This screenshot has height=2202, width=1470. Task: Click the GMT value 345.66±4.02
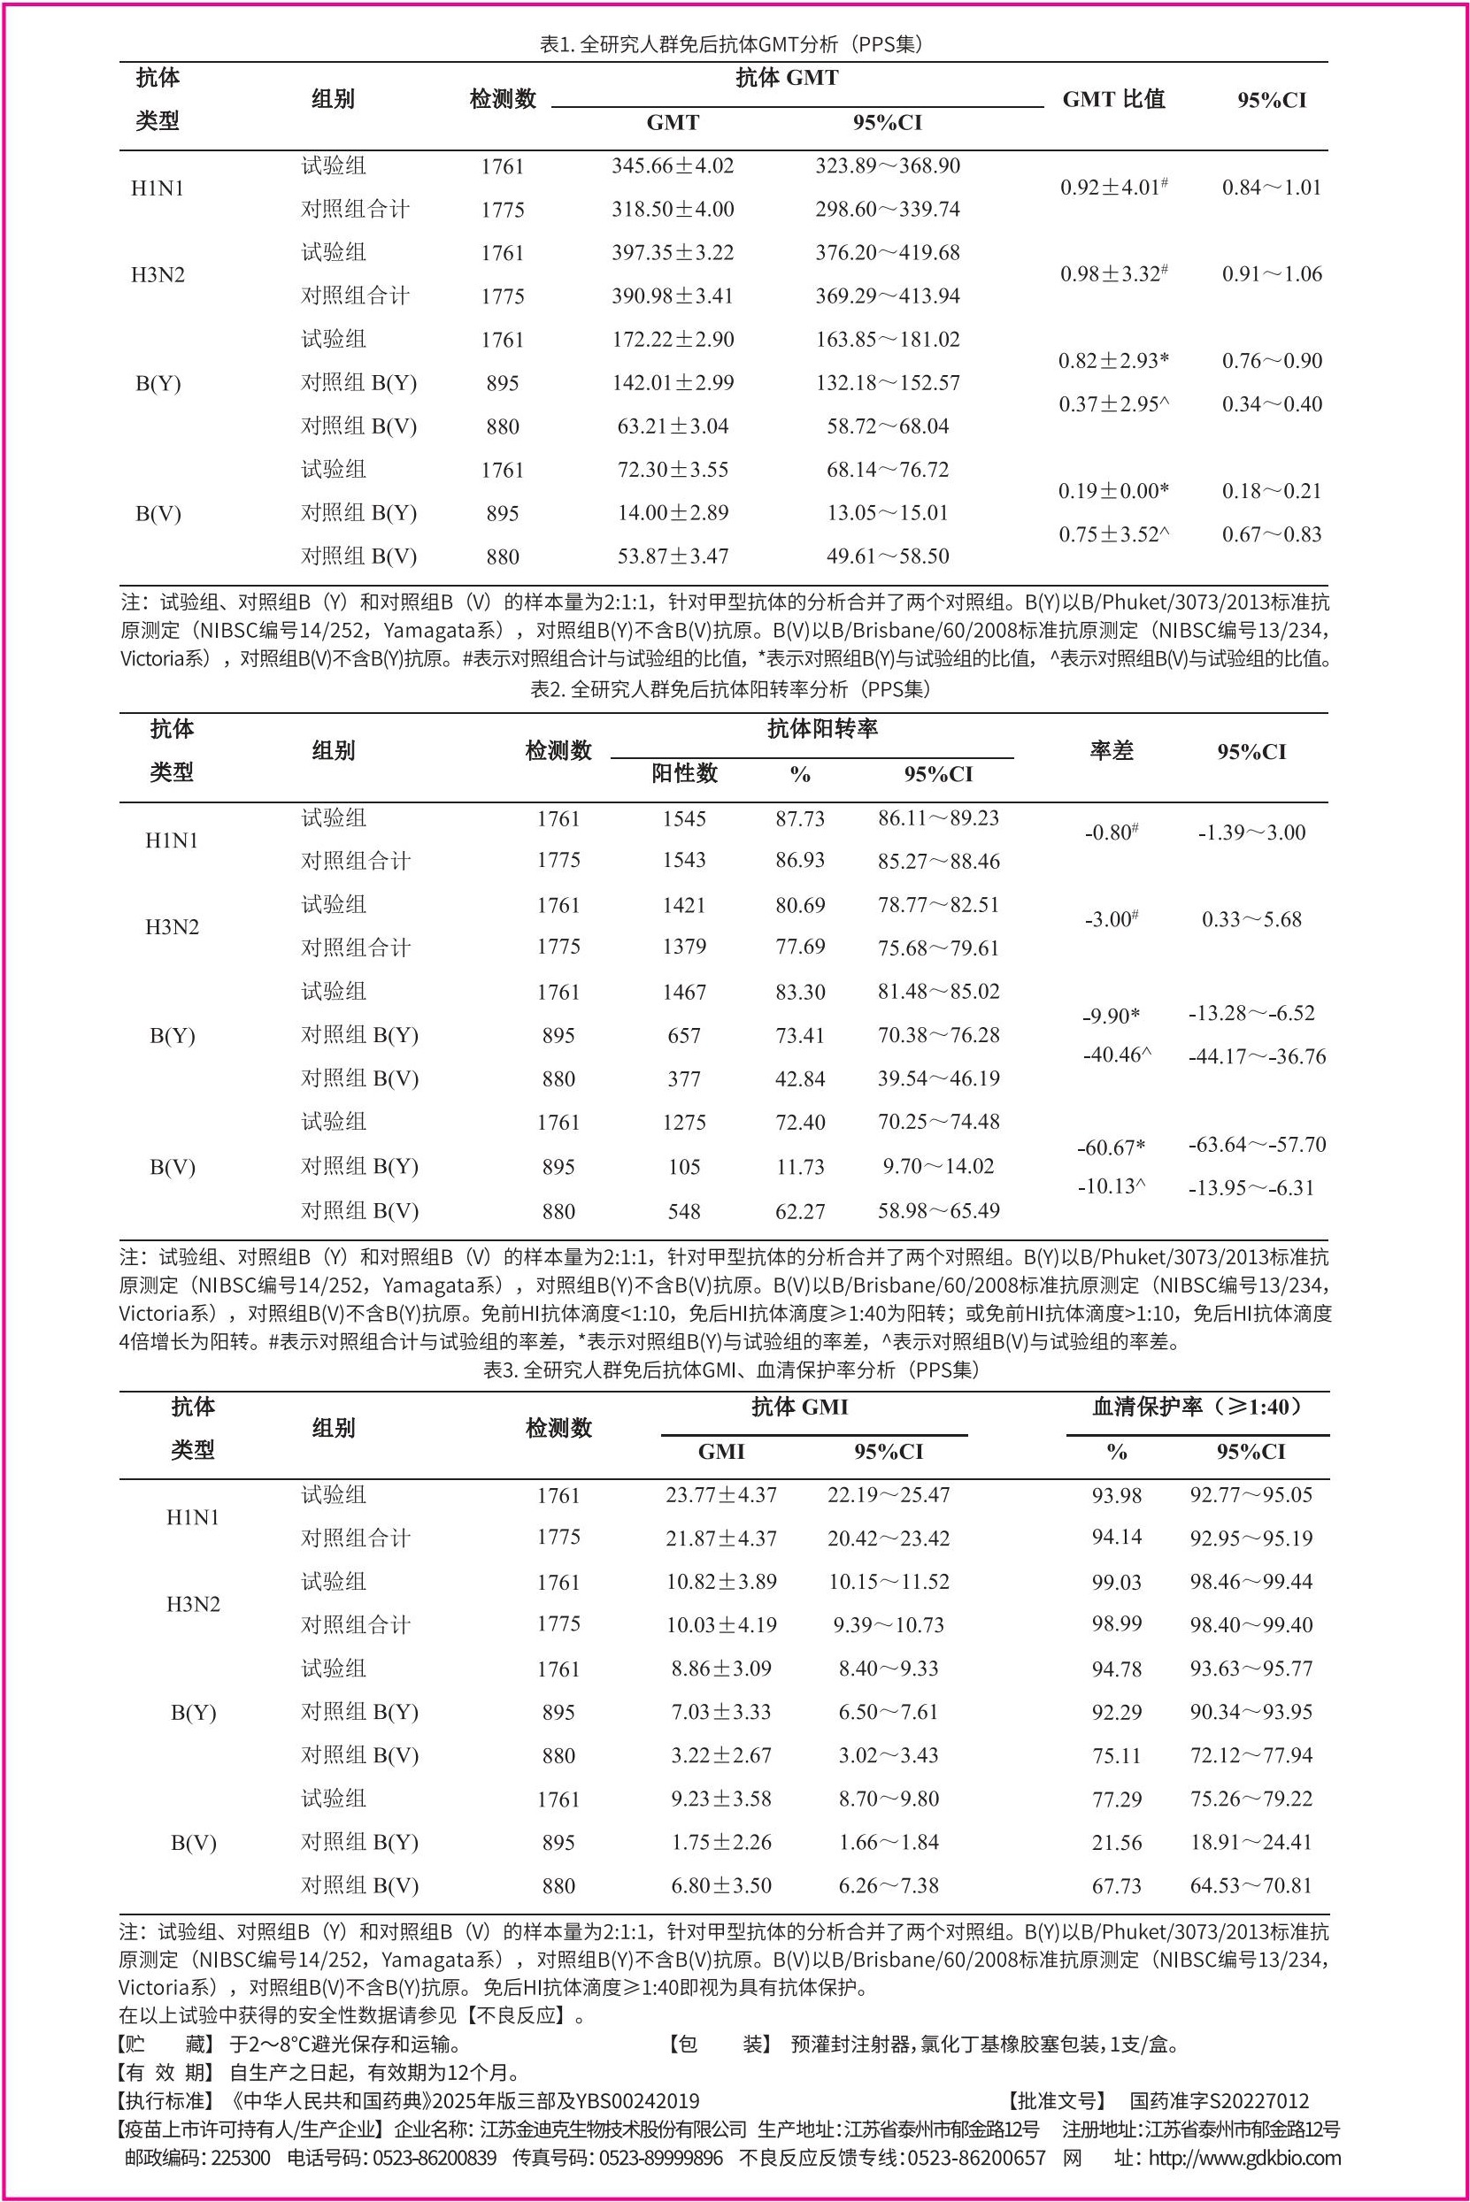(x=673, y=165)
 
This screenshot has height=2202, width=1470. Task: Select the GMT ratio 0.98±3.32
(x=1112, y=273)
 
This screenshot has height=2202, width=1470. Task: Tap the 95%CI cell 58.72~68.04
(x=887, y=426)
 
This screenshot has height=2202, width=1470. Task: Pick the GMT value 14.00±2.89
(x=673, y=512)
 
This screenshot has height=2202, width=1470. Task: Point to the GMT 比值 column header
(x=1112, y=99)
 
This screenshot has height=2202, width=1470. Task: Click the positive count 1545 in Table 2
(x=683, y=818)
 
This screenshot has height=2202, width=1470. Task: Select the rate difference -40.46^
(x=1117, y=1055)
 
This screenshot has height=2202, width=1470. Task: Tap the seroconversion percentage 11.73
(x=799, y=1167)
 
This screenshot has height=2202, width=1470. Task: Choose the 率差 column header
(x=1112, y=750)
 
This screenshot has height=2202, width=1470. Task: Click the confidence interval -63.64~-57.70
(x=1256, y=1144)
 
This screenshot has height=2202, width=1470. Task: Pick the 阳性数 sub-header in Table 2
(x=683, y=773)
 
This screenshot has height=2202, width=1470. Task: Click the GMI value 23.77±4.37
(x=721, y=1494)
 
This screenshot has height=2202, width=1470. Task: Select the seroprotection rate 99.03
(x=1116, y=1582)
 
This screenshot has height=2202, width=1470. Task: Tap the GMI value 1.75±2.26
(x=721, y=1841)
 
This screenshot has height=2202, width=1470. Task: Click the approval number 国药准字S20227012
(x=1219, y=2101)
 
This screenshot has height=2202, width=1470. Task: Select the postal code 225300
(x=241, y=2158)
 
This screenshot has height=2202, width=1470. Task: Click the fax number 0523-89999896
(x=661, y=2158)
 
